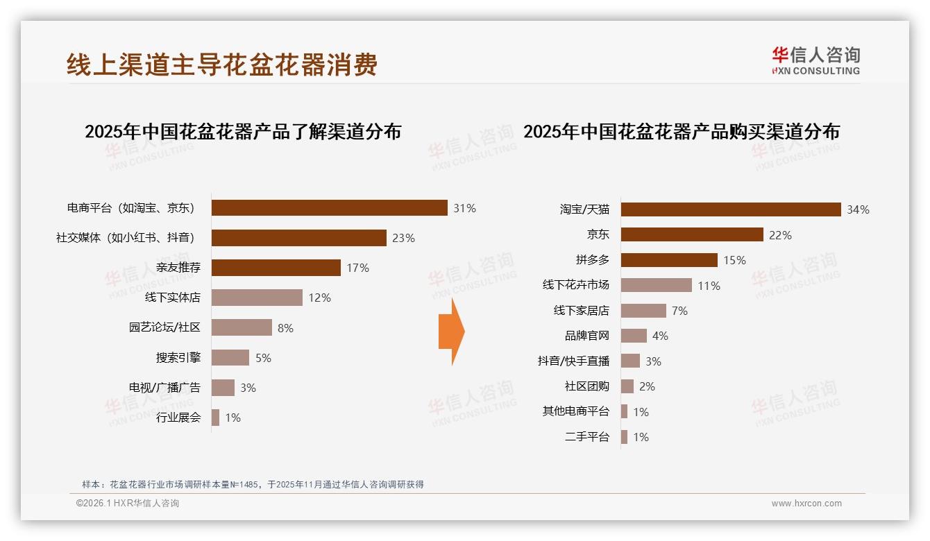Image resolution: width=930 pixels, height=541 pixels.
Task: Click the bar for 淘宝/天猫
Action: click(730, 209)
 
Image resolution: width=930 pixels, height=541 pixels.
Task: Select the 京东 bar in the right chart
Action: click(692, 235)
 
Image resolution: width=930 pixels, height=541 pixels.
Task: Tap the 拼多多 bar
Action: click(669, 260)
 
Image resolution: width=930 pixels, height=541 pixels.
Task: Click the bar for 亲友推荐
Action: click(276, 268)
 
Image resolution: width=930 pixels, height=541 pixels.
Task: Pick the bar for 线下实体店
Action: click(257, 298)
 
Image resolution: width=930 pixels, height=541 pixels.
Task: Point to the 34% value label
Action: click(858, 209)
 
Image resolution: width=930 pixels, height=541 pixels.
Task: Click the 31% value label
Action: click(464, 208)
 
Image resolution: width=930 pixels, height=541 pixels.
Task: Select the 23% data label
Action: click(403, 238)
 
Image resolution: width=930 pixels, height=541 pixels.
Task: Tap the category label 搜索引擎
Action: click(178, 358)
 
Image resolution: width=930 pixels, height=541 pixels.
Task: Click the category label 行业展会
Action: click(178, 418)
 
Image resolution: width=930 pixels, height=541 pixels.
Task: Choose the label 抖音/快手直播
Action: click(573, 361)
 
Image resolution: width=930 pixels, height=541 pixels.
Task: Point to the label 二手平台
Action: click(587, 437)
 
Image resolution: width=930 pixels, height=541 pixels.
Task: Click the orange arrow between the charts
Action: click(451, 332)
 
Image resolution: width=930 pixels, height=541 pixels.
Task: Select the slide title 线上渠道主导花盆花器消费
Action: click(222, 65)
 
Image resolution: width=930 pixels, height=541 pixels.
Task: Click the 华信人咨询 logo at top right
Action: click(815, 60)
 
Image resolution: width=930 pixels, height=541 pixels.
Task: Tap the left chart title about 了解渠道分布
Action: click(243, 132)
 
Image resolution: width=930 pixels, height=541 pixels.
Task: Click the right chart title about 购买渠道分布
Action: click(682, 132)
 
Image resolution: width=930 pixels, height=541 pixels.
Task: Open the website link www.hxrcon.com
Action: click(806, 504)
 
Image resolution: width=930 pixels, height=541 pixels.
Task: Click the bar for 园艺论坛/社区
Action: click(242, 327)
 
